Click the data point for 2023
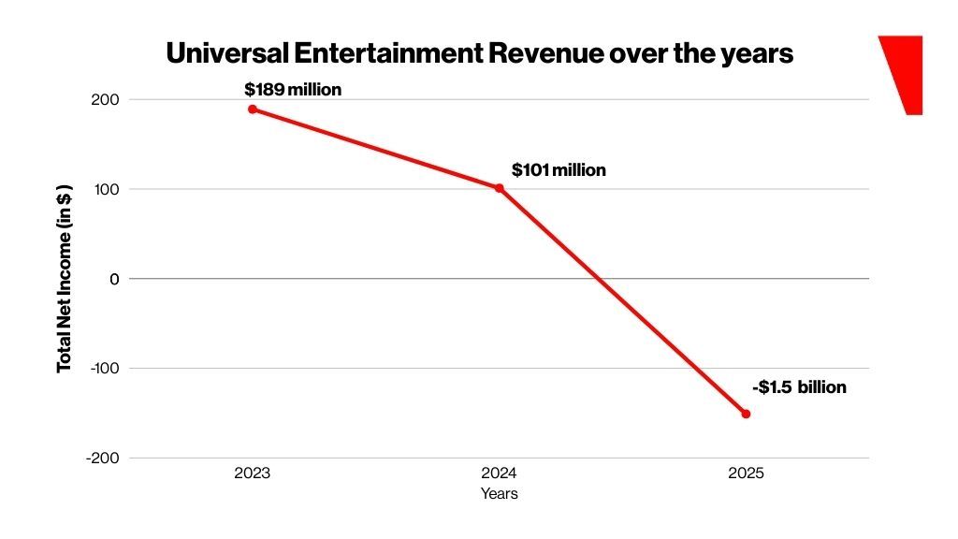click(253, 109)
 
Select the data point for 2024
click(499, 188)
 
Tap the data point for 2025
click(746, 414)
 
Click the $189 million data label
click(293, 90)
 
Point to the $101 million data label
click(559, 170)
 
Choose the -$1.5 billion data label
click(799, 387)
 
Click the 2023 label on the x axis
click(253, 473)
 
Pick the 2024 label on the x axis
click(499, 473)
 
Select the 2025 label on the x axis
click(746, 473)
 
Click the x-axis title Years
click(499, 493)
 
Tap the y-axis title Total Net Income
click(65, 279)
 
